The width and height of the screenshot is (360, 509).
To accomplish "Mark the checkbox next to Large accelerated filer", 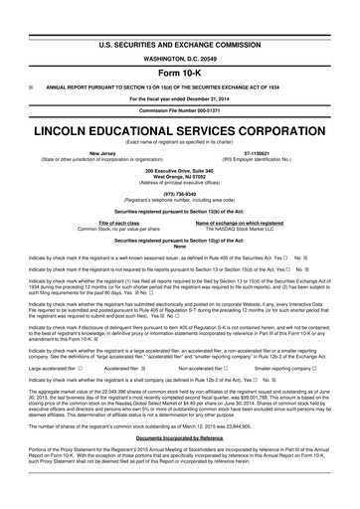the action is click(82, 340).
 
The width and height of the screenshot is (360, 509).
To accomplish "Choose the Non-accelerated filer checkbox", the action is click(226, 340).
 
